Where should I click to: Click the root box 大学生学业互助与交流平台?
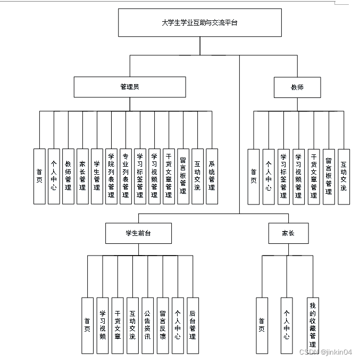(199, 23)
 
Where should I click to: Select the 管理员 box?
(130, 87)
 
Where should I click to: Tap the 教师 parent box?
(297, 87)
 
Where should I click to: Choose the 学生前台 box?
(138, 233)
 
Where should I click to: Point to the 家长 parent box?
(288, 233)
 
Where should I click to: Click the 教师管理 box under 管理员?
(68, 176)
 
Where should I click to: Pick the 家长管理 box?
(82, 176)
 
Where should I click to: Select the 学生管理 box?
(97, 176)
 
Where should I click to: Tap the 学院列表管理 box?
(111, 176)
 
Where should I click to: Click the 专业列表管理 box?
(125, 176)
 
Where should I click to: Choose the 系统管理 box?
(212, 176)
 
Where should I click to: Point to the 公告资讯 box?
(147, 325)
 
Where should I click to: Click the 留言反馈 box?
(163, 325)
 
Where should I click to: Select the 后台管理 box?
(192, 325)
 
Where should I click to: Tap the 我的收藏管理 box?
(313, 325)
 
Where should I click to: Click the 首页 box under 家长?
(262, 325)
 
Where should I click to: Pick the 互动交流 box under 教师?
(344, 176)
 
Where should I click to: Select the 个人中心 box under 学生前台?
(178, 325)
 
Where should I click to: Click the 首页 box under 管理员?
(39, 176)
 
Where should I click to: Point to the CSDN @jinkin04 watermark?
(325, 352)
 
